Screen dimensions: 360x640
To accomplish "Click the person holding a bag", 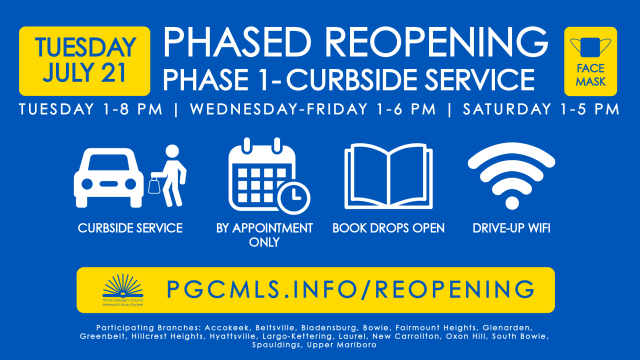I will pyautogui.click(x=167, y=172).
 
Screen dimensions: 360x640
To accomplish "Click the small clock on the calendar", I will pyautogui.click(x=293, y=198).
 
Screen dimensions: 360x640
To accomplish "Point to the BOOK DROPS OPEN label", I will pyautogui.click(x=387, y=228).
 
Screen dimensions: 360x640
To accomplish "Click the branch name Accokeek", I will pyautogui.click(x=222, y=327).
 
